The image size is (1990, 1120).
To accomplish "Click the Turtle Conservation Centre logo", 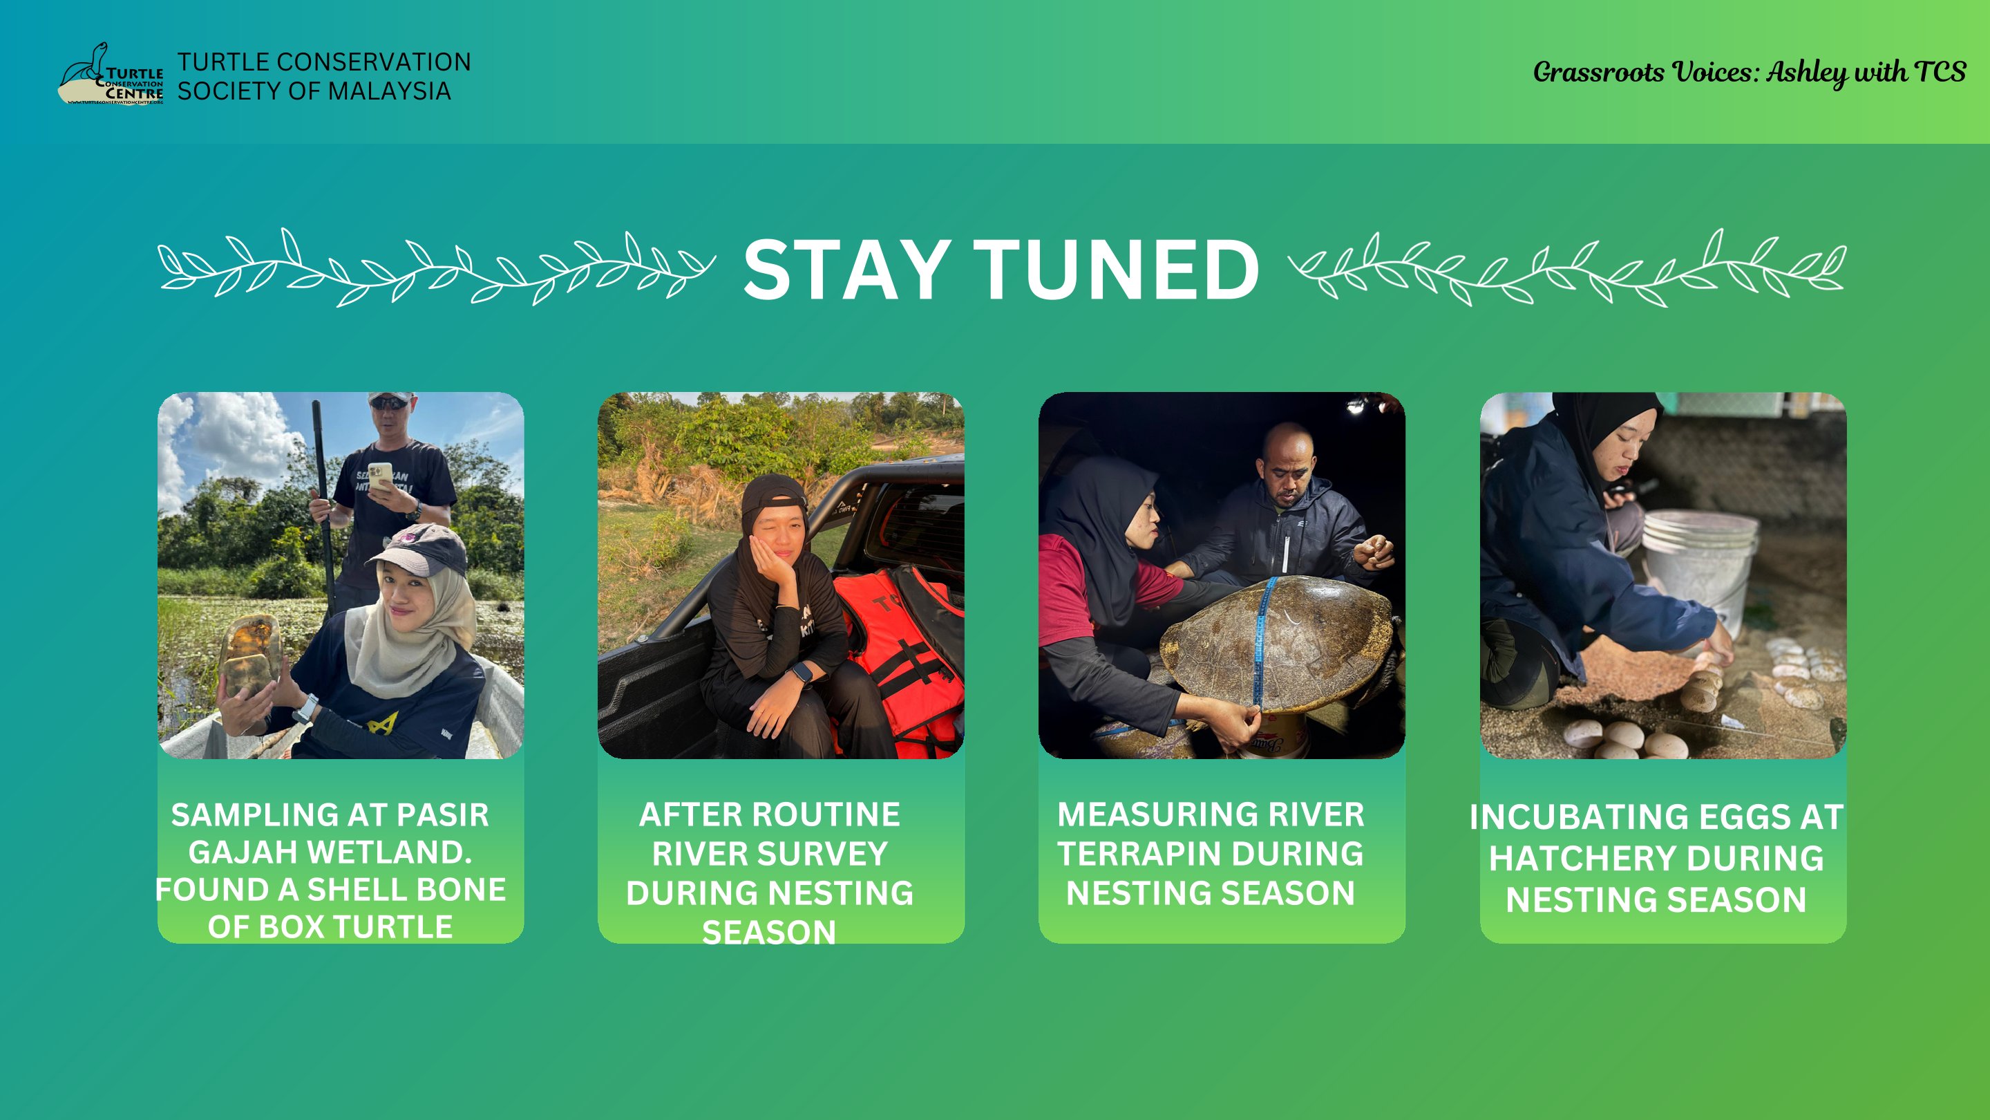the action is pos(111,74).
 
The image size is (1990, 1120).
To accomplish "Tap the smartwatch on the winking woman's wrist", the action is pos(802,675).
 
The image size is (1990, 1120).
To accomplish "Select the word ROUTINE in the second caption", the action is pos(826,814).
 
